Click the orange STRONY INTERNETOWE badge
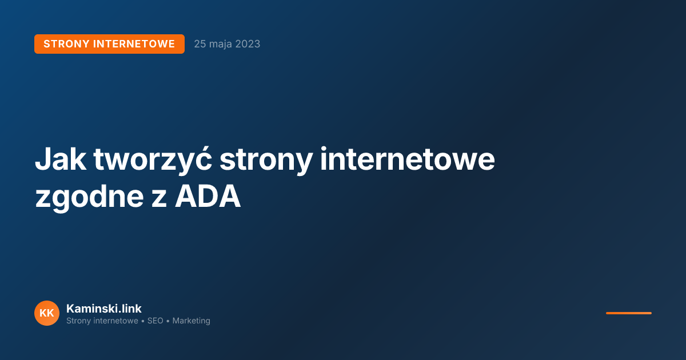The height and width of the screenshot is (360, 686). point(109,44)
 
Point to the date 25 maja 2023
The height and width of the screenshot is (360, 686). point(227,44)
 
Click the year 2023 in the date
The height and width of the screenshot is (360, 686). point(248,44)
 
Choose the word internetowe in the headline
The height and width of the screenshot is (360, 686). point(407,159)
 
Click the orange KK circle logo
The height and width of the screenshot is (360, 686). point(47,313)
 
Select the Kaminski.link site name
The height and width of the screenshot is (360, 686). point(104,309)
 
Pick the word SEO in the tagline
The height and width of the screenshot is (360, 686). point(155,321)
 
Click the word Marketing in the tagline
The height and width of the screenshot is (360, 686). point(192,321)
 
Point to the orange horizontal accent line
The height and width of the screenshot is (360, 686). point(629,313)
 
